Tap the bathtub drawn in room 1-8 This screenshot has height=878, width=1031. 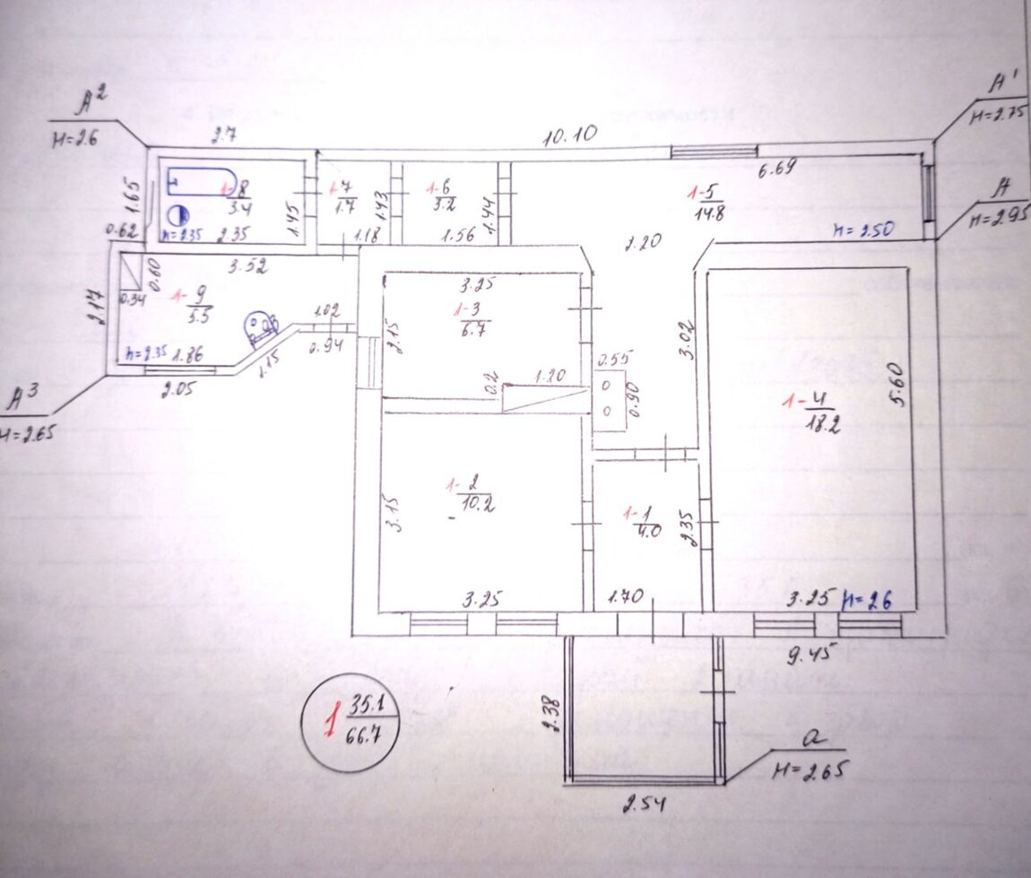pos(200,182)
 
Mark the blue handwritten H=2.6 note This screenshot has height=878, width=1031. pos(865,599)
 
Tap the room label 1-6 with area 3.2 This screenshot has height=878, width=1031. pos(444,196)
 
